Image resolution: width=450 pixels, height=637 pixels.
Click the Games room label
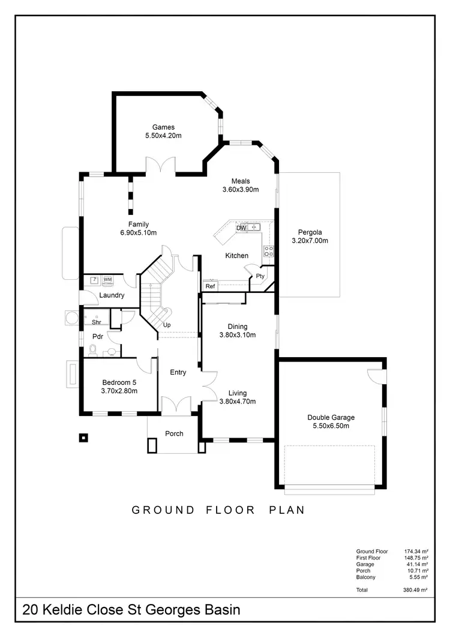[163, 127]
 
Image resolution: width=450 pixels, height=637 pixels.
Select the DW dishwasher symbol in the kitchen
[241, 228]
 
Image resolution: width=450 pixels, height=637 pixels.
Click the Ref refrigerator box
[210, 286]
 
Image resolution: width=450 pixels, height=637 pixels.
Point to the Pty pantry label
[260, 276]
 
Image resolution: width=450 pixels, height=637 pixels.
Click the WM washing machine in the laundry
[108, 280]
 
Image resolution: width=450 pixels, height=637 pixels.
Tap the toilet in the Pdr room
[92, 350]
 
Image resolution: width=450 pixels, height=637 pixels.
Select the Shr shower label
[96, 322]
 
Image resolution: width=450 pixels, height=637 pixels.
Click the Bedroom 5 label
[120, 382]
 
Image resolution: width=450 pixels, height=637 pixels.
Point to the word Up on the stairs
[167, 325]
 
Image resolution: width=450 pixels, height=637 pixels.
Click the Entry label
[178, 372]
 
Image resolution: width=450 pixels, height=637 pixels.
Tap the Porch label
[174, 433]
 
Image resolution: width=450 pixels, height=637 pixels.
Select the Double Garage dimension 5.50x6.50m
[331, 426]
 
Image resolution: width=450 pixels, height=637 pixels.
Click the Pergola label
[310, 232]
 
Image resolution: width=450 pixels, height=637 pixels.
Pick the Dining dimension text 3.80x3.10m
[238, 335]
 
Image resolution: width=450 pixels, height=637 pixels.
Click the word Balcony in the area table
[367, 577]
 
